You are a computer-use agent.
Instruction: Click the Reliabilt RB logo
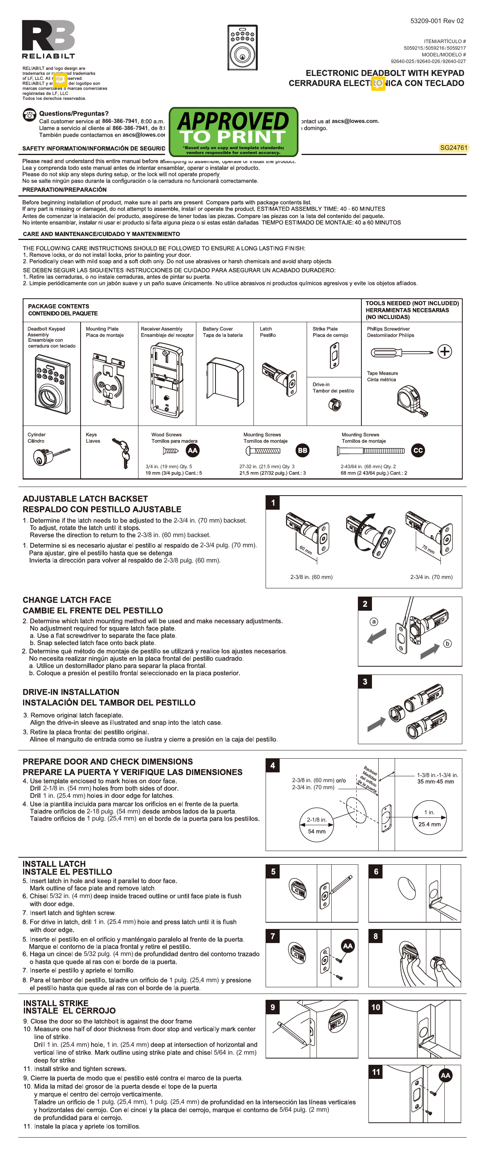point(48,36)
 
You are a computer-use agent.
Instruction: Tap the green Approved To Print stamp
point(233,131)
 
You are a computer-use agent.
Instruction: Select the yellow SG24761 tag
point(453,148)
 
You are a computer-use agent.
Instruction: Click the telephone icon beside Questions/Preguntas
point(30,115)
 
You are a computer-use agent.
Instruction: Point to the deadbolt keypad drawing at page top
point(242,48)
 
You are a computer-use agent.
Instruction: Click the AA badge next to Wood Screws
point(192,450)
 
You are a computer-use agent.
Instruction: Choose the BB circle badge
point(303,450)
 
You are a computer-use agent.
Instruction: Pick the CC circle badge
point(418,450)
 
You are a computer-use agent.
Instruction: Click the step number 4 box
point(273,765)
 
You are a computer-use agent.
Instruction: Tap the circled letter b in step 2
point(447,644)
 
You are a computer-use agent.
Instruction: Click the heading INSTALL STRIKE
point(56,1003)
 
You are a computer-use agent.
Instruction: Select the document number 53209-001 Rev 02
point(436,21)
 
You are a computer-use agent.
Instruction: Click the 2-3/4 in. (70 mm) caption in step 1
point(431,577)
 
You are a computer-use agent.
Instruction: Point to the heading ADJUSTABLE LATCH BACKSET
point(85,499)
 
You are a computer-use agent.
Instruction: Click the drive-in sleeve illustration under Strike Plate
point(334,404)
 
